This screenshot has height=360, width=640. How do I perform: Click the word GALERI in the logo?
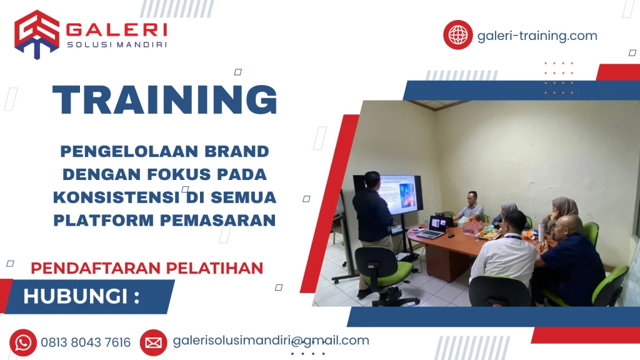coord(116,29)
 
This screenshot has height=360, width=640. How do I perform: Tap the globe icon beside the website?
coord(457,35)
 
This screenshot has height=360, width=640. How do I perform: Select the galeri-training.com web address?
coord(537,36)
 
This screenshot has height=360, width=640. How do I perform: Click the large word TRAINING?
coord(164,99)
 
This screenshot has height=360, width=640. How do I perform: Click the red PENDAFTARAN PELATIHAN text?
coord(147,267)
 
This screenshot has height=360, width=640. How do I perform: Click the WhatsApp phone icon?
coord(23,342)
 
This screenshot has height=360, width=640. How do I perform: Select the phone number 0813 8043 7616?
coord(86,342)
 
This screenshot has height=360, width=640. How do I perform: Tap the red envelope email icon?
coord(153,342)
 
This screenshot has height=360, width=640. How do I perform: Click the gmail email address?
coord(271,341)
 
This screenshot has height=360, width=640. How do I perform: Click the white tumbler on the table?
coord(541,232)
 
